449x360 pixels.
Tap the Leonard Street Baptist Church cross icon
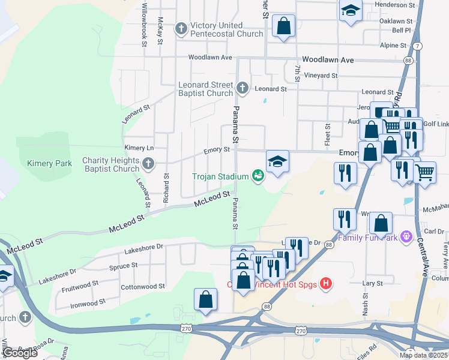(x=242, y=89)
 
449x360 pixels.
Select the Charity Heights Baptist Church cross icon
(x=148, y=163)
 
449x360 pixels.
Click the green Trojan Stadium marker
(x=258, y=176)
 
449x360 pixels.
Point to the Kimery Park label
(x=49, y=163)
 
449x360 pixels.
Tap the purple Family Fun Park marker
(x=407, y=237)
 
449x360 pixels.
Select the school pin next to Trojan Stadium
(x=277, y=161)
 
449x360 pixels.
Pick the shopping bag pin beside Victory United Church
(x=283, y=26)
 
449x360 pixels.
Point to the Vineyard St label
(x=321, y=76)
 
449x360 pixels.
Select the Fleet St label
(x=328, y=135)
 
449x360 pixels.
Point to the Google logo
(x=20, y=352)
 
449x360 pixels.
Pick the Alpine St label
(x=394, y=45)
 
